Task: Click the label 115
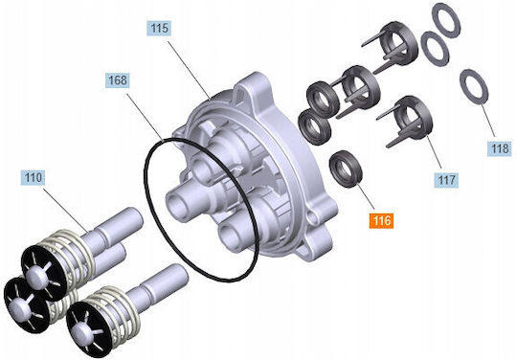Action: [159, 29]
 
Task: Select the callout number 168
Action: [118, 80]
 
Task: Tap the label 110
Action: [33, 178]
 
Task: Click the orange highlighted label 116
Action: [382, 220]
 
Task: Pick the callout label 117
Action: [446, 180]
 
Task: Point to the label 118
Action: [500, 148]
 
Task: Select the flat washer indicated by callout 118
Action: [474, 87]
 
